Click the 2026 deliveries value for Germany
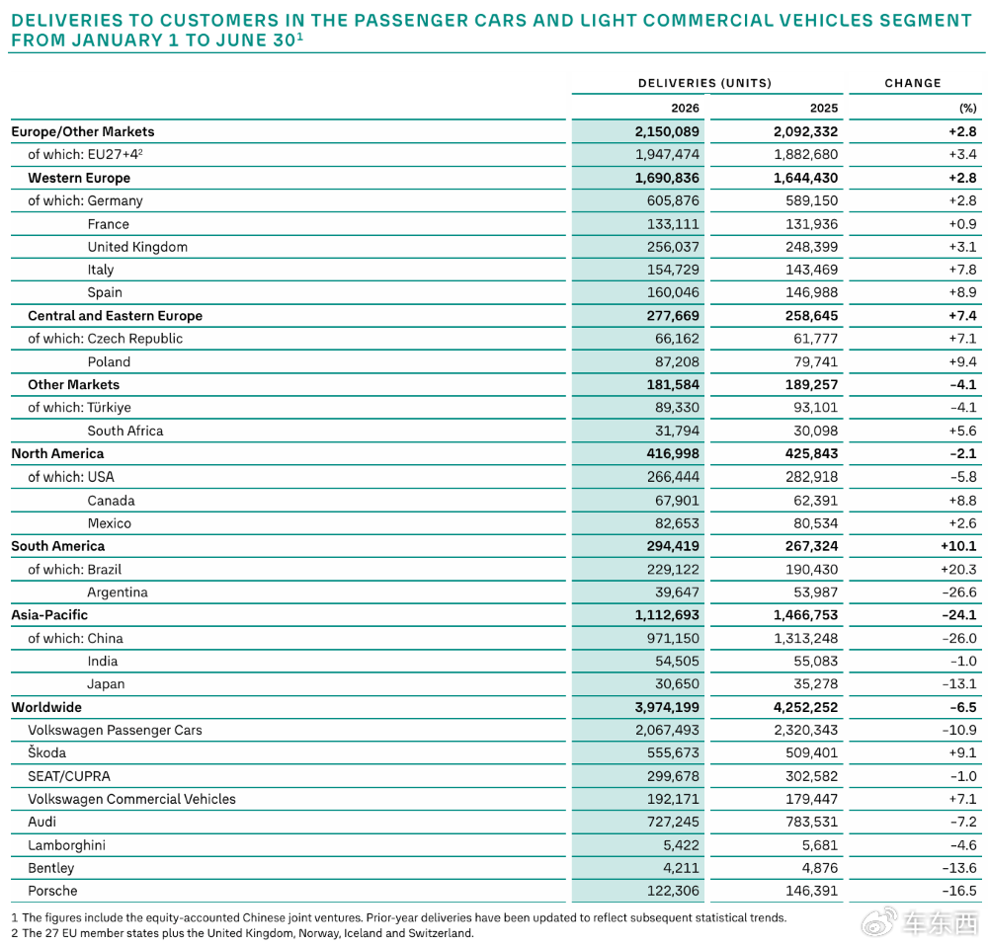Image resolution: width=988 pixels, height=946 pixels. click(673, 200)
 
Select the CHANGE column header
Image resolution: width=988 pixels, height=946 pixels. click(913, 83)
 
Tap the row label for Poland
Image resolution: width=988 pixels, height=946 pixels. click(109, 362)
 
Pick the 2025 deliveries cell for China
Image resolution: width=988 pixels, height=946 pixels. click(806, 639)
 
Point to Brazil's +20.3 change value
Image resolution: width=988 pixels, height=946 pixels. click(958, 570)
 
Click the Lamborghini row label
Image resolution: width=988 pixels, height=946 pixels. click(67, 845)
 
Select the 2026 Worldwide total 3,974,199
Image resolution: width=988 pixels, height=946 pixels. click(667, 707)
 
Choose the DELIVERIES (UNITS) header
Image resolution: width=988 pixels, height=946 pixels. click(705, 83)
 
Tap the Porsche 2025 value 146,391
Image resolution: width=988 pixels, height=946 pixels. click(811, 892)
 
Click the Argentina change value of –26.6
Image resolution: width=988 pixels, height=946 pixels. click(959, 592)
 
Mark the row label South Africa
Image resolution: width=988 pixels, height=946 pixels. click(125, 431)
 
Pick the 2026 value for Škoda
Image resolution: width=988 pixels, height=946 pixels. click(673, 753)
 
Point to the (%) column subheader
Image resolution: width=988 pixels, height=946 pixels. click(968, 109)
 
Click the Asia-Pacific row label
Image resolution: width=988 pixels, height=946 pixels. click(49, 615)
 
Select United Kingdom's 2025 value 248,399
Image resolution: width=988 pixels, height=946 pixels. click(811, 247)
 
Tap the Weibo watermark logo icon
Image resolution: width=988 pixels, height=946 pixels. click(879, 922)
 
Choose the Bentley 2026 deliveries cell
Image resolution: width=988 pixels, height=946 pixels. click(681, 869)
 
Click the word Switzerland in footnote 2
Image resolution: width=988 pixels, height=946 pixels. click(440, 933)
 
